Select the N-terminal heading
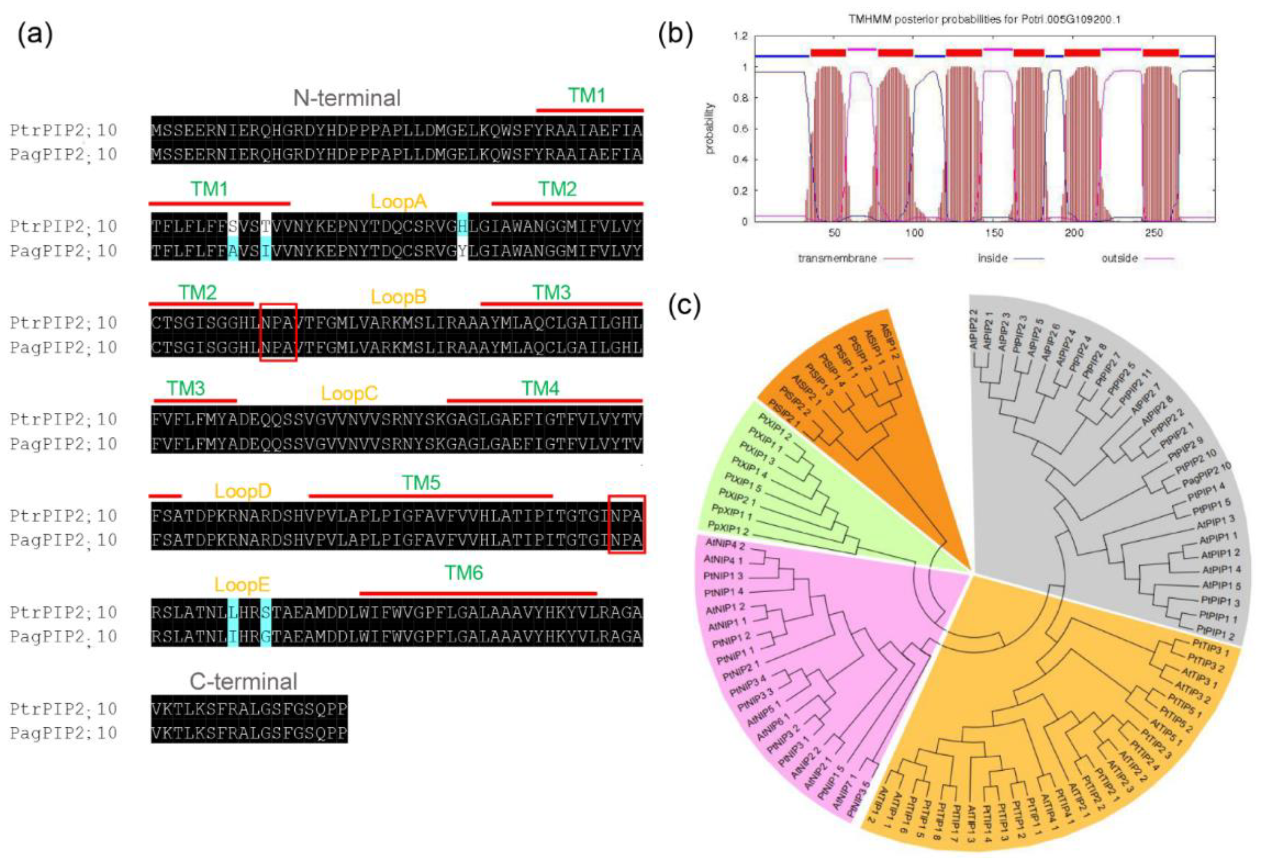pos(346,98)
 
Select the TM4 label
pos(540,389)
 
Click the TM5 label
pos(420,483)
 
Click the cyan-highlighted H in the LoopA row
pos(462,226)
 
